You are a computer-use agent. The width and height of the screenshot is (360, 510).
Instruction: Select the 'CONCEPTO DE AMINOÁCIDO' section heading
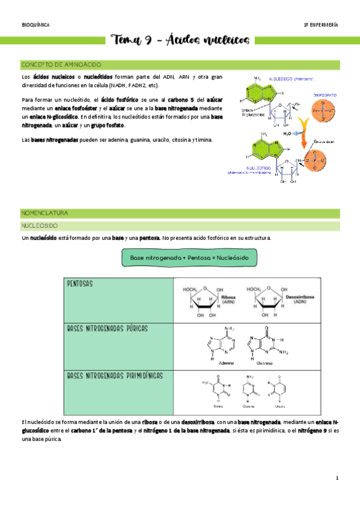[61, 64]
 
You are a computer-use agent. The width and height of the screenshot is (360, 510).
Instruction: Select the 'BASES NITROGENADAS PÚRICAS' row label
[108, 329]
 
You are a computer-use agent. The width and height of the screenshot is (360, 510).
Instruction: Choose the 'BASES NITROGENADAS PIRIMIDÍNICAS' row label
[115, 375]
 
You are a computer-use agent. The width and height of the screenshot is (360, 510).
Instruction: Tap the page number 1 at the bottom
[338, 479]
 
